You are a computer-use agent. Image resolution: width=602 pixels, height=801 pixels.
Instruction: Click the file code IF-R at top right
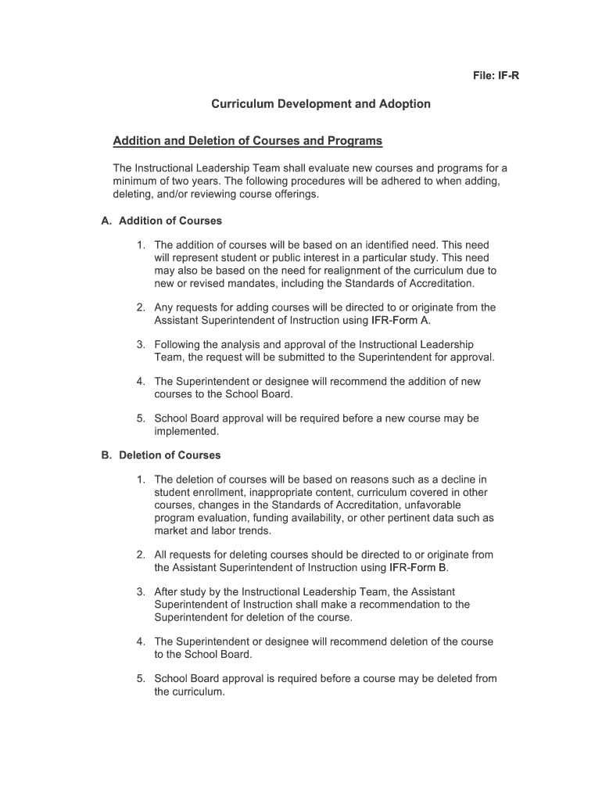coord(495,75)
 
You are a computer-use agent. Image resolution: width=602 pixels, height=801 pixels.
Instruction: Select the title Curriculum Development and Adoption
coord(321,103)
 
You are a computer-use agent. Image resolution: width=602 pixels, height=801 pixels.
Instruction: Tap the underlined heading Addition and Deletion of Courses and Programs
coord(248,141)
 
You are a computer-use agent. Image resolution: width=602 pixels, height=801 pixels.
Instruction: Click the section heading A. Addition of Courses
coord(162,221)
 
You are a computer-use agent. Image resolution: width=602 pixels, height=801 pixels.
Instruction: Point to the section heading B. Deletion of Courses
coord(161,455)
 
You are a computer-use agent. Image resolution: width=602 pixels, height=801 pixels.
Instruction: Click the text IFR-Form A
coord(401,320)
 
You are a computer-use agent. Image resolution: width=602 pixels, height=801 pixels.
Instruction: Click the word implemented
coord(186,431)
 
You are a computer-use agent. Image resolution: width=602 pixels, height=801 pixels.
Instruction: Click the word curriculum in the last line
coord(199,691)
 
